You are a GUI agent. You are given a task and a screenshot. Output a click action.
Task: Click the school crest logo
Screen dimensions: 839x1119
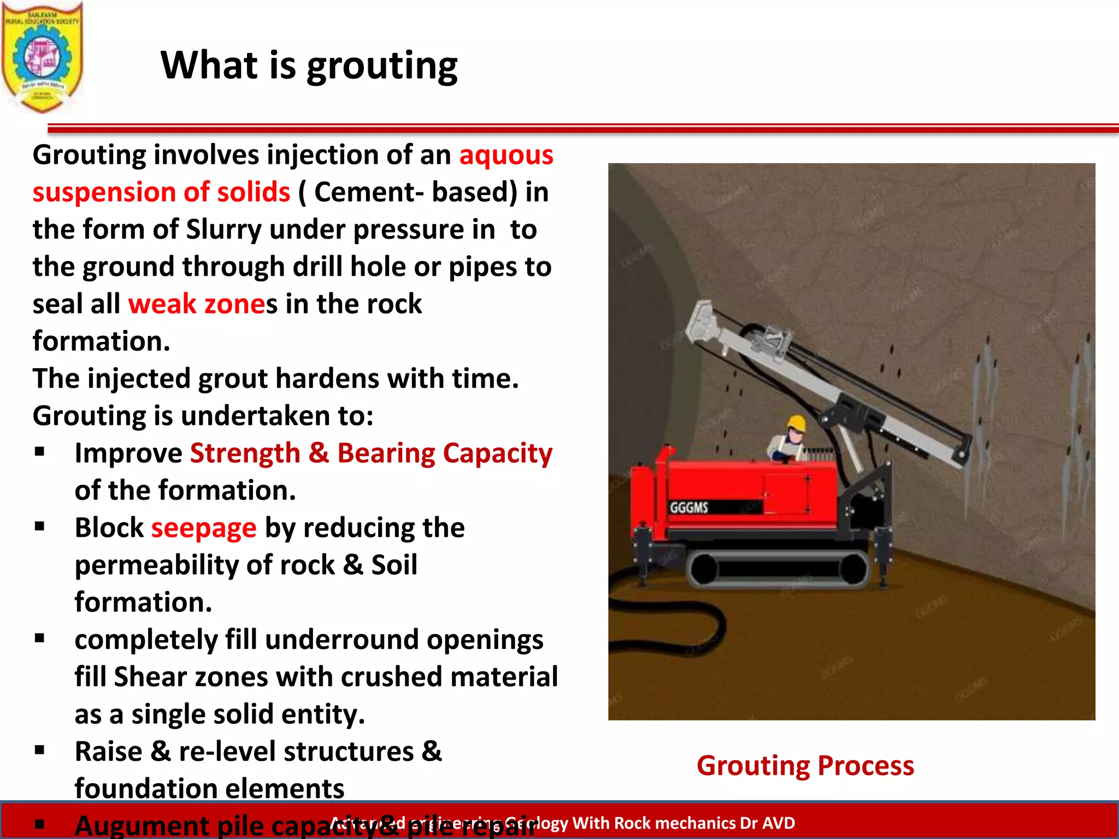click(x=42, y=57)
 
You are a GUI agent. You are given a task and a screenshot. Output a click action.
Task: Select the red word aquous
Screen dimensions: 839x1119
click(x=506, y=155)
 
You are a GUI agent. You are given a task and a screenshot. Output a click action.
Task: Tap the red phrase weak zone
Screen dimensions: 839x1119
click(x=196, y=304)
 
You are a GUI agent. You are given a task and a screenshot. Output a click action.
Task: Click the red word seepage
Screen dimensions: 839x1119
click(x=203, y=528)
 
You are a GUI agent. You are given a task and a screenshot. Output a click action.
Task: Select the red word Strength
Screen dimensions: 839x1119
click(x=245, y=453)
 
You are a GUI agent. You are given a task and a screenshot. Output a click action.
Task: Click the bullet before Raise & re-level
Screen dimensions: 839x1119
click(x=39, y=750)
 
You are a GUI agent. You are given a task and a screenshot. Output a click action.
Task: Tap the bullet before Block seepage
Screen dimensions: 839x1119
click(x=39, y=527)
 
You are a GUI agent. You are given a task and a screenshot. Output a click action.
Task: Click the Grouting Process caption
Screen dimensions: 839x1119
click(x=805, y=765)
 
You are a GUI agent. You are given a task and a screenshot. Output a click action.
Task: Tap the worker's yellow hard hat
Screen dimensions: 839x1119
click(x=797, y=423)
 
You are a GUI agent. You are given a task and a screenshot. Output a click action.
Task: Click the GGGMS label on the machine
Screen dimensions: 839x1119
click(x=688, y=507)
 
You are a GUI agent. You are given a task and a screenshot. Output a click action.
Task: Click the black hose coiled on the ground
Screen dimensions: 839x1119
click(x=683, y=623)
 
